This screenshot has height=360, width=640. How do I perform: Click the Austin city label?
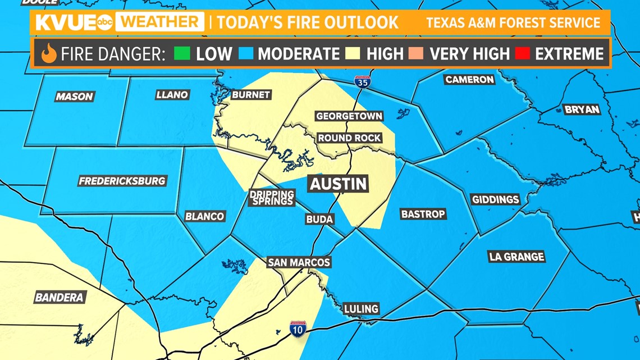pyautogui.click(x=339, y=184)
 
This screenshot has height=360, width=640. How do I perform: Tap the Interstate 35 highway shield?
pyautogui.click(x=362, y=82)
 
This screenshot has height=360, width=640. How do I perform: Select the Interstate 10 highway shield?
pyautogui.click(x=298, y=329)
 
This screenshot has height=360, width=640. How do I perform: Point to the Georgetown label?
pyautogui.click(x=349, y=116)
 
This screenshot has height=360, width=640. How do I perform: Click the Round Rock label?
pyautogui.click(x=349, y=138)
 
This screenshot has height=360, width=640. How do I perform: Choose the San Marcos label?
pyautogui.click(x=299, y=262)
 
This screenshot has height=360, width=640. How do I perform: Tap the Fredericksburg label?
pyautogui.click(x=122, y=181)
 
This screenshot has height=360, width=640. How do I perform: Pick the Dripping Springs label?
pyautogui.click(x=272, y=198)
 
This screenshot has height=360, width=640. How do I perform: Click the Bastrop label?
pyautogui.click(x=423, y=214)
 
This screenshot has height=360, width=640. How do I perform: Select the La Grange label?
pyautogui.click(x=516, y=257)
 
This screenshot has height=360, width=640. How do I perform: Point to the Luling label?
pyautogui.click(x=362, y=309)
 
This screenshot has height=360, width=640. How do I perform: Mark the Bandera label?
pyautogui.click(x=59, y=298)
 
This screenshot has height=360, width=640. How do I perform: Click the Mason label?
pyautogui.click(x=74, y=97)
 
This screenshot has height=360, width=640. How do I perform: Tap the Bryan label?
pyautogui.click(x=582, y=110)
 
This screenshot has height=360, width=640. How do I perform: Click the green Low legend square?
pyautogui.click(x=182, y=54)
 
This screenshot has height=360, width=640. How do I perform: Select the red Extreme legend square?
pyautogui.click(x=522, y=54)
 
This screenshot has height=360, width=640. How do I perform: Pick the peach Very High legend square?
pyautogui.click(x=415, y=54)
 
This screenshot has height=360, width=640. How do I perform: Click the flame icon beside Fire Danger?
pyautogui.click(x=49, y=54)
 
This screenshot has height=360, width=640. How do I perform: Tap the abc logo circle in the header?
pyautogui.click(x=105, y=22)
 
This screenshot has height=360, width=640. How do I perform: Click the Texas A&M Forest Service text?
pyautogui.click(x=513, y=23)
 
